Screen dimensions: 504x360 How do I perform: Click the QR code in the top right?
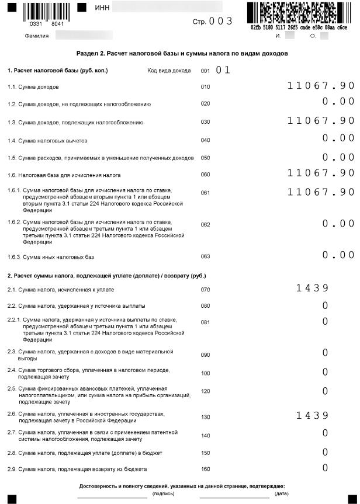tap(297, 12)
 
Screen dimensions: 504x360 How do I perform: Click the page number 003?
tap(221, 22)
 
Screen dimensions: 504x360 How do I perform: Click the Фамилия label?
tap(36, 36)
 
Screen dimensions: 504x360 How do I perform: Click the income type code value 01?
tap(223, 71)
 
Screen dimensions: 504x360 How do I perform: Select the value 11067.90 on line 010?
tap(321, 86)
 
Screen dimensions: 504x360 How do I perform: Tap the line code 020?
tap(205, 104)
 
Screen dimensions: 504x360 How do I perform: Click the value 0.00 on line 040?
tap(338, 138)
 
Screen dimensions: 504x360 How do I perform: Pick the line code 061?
tap(205, 192)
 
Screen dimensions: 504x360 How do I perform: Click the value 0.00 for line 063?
tap(338, 255)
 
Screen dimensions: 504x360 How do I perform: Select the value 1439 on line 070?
tap(312, 287)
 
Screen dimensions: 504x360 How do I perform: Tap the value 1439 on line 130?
tap(312, 415)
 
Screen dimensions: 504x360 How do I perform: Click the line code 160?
tap(205, 469)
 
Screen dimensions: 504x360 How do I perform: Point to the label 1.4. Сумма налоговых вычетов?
tap(48, 141)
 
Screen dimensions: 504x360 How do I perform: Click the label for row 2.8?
tap(85, 453)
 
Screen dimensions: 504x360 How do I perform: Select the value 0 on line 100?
tap(325, 372)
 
